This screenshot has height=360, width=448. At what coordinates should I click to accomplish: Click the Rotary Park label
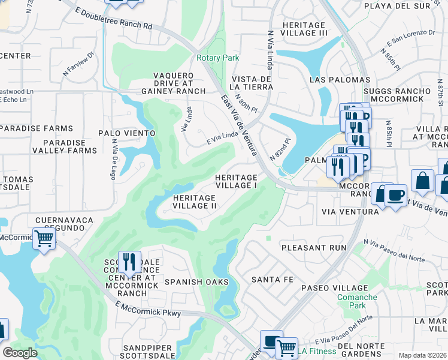[218, 58]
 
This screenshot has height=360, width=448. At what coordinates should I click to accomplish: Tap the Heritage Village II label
[194, 202]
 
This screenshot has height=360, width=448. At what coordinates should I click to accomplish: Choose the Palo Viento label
[127, 133]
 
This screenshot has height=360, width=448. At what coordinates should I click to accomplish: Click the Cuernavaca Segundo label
[65, 224]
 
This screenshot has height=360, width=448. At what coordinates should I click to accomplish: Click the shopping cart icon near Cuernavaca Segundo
[44, 238]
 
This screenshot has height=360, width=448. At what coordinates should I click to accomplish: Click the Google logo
[20, 353]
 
